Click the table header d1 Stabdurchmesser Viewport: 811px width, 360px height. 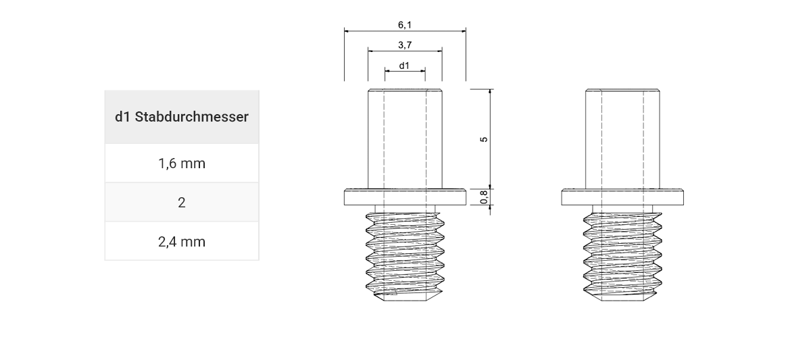tap(181, 117)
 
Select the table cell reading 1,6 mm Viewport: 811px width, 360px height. tap(181, 163)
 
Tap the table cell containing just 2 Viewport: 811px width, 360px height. tap(181, 203)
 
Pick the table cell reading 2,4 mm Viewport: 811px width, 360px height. tap(181, 241)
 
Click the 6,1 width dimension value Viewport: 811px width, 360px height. tap(405, 25)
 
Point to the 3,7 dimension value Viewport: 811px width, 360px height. tap(405, 45)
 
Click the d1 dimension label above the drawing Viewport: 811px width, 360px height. tap(404, 66)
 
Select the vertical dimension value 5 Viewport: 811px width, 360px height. tap(483, 139)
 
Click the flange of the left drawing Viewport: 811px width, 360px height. tap(405, 198)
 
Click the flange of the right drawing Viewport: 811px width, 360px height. tap(622, 198)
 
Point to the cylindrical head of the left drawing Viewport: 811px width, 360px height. tap(405, 138)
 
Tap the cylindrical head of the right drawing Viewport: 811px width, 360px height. tap(622, 138)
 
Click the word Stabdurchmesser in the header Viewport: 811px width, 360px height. tap(192, 117)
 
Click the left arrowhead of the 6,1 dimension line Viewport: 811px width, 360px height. tap(347, 30)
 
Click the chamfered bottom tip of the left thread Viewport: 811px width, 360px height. tap(405, 297)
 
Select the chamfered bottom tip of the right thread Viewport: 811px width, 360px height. tap(622, 297)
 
